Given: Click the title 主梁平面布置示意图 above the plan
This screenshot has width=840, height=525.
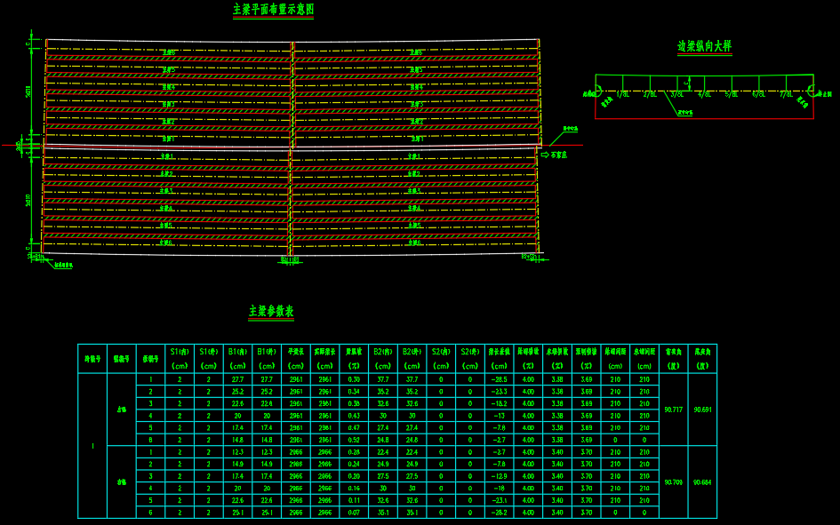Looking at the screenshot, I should (x=273, y=10).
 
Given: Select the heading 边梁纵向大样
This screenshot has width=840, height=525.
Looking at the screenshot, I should (x=704, y=46).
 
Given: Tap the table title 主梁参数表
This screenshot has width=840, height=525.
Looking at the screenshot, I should (x=271, y=312).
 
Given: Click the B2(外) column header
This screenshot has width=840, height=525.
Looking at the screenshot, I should (x=412, y=352).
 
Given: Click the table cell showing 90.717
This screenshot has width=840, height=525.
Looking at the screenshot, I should (x=673, y=410).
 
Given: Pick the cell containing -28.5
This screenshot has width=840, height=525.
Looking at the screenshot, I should (x=498, y=379).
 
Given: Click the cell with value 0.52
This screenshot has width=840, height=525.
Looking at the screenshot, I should (x=354, y=440).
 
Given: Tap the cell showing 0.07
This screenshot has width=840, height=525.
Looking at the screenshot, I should (x=354, y=513).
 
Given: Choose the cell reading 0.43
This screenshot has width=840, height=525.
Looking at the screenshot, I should (x=354, y=416).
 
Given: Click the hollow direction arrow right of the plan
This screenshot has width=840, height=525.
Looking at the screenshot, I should (x=545, y=155).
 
